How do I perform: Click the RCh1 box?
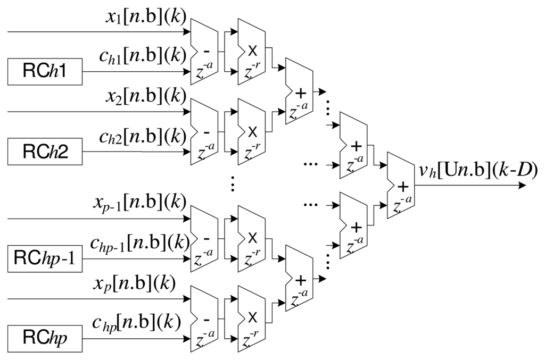coord(45,72)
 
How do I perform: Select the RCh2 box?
coord(45,152)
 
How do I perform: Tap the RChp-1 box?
coord(45,258)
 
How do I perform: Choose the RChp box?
coord(45,339)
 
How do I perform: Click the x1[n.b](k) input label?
coord(145,18)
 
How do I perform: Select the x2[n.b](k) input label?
coord(145,98)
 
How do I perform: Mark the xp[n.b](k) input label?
coord(136,283)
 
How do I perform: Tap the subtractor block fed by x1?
coord(204,52)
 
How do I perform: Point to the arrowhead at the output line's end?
coord(522,186)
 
